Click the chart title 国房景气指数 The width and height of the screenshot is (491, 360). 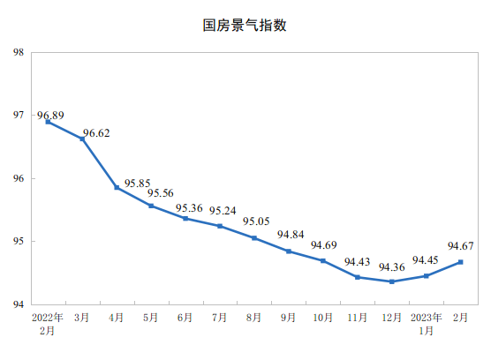tap(245, 26)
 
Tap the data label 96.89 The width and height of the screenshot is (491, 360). tap(50, 116)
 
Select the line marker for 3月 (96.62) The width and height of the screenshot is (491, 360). tap(82, 139)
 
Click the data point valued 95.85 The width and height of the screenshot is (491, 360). tap(117, 187)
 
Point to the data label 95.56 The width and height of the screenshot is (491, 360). tap(161, 193)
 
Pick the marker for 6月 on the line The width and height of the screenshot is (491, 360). tap(185, 218)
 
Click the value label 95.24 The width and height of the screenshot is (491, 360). tap(223, 211)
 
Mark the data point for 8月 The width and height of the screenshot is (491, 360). tap(254, 238)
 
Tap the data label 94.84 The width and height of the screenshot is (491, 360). tap(291, 235)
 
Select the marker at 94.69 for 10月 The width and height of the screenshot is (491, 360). tap(323, 260)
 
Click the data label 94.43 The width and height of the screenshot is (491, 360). tap(357, 261)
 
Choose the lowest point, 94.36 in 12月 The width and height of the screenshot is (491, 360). tap(392, 281)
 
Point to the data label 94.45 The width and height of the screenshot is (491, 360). tap(427, 260)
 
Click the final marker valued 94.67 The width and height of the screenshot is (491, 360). tap(461, 262)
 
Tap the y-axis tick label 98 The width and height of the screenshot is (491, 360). tap(18, 52)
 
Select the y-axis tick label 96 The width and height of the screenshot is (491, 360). tap(18, 178)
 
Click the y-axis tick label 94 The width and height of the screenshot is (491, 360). tap(18, 304)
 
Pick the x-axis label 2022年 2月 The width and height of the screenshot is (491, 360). tap(48, 323)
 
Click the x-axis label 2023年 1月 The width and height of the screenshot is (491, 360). tap(427, 323)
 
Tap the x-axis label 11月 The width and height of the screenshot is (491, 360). tap(358, 317)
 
